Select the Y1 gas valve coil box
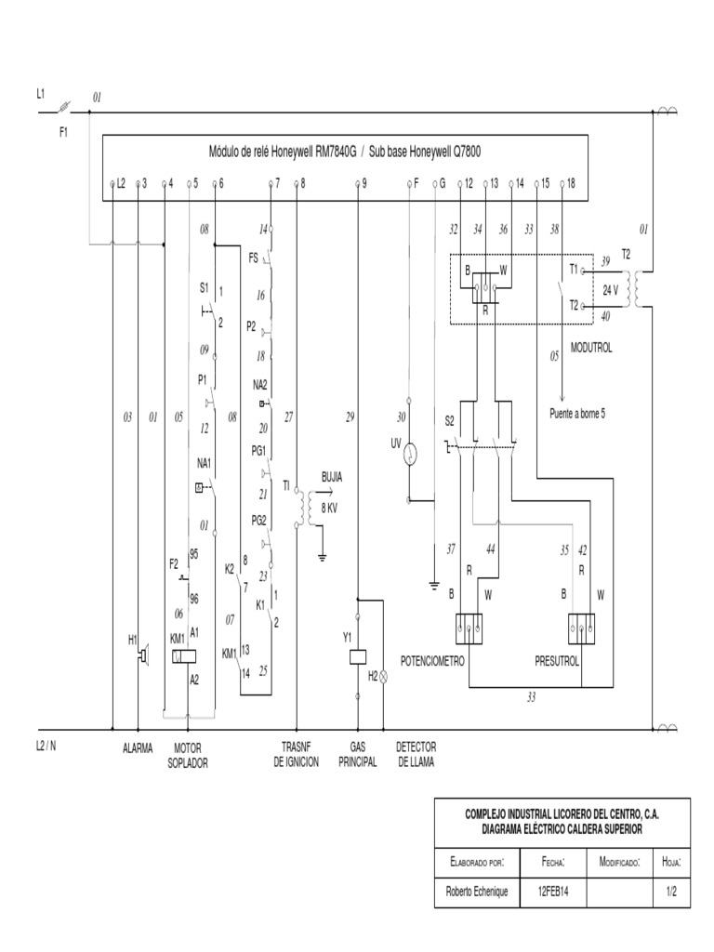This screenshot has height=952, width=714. click(x=358, y=656)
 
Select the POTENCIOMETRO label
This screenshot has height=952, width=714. click(x=431, y=661)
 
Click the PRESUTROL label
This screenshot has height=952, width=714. click(x=557, y=661)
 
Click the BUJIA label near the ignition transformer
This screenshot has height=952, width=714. click(x=331, y=476)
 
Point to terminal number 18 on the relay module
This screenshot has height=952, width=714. click(x=570, y=183)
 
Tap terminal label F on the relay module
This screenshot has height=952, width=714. click(x=416, y=183)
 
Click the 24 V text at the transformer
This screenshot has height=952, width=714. click(x=611, y=290)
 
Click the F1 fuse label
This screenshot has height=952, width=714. click(x=64, y=132)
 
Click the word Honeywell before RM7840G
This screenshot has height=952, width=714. click(x=291, y=151)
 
